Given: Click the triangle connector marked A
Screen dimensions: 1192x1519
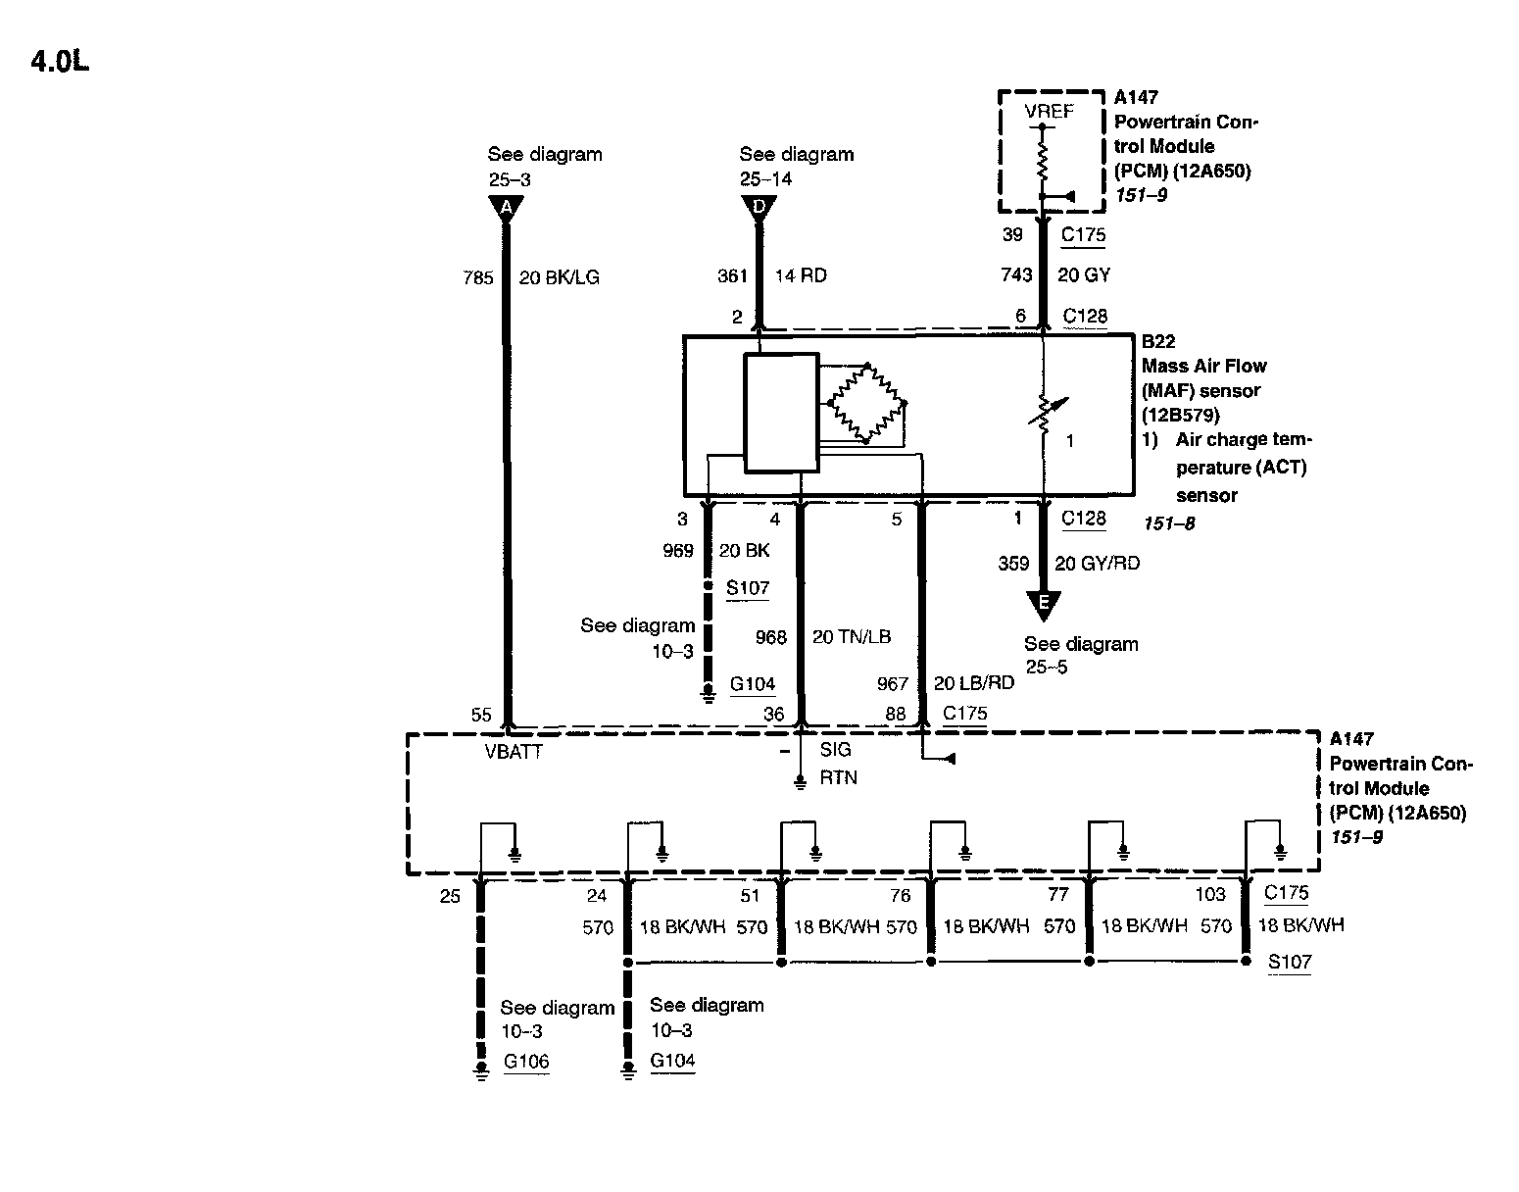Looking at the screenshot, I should pyautogui.click(x=506, y=208).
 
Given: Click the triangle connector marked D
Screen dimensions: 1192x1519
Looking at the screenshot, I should pyautogui.click(x=758, y=208).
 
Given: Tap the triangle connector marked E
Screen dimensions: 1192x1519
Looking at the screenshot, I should pyautogui.click(x=1044, y=603).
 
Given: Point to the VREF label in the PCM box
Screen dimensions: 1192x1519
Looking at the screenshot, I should pyautogui.click(x=1049, y=112).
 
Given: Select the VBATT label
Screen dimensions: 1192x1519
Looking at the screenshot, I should pyautogui.click(x=514, y=753).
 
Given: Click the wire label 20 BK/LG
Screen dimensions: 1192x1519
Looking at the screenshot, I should pyautogui.click(x=559, y=277).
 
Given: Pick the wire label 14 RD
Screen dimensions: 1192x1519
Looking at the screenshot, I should pyautogui.click(x=801, y=275).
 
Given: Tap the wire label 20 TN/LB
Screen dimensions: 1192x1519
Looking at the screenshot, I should pyautogui.click(x=851, y=637).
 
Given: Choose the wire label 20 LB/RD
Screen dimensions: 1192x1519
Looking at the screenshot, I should pyautogui.click(x=973, y=683).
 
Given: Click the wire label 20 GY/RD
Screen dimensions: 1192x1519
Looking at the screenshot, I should pyautogui.click(x=1097, y=564).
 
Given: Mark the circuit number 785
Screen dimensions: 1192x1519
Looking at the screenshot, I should pyautogui.click(x=478, y=277).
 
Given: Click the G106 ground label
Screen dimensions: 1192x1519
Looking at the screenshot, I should pyautogui.click(x=526, y=1062).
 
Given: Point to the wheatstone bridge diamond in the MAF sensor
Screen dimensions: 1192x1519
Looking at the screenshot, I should pyautogui.click(x=867, y=403).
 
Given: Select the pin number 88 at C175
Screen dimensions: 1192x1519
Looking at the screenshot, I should pyautogui.click(x=896, y=714).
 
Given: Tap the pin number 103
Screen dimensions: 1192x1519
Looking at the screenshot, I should pyautogui.click(x=1210, y=894).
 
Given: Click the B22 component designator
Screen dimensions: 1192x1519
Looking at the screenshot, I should pyautogui.click(x=1159, y=342).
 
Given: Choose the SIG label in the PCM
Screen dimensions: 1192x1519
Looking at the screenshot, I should pyautogui.click(x=836, y=750).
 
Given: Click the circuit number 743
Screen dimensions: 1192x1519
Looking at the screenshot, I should pyautogui.click(x=1016, y=275).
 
